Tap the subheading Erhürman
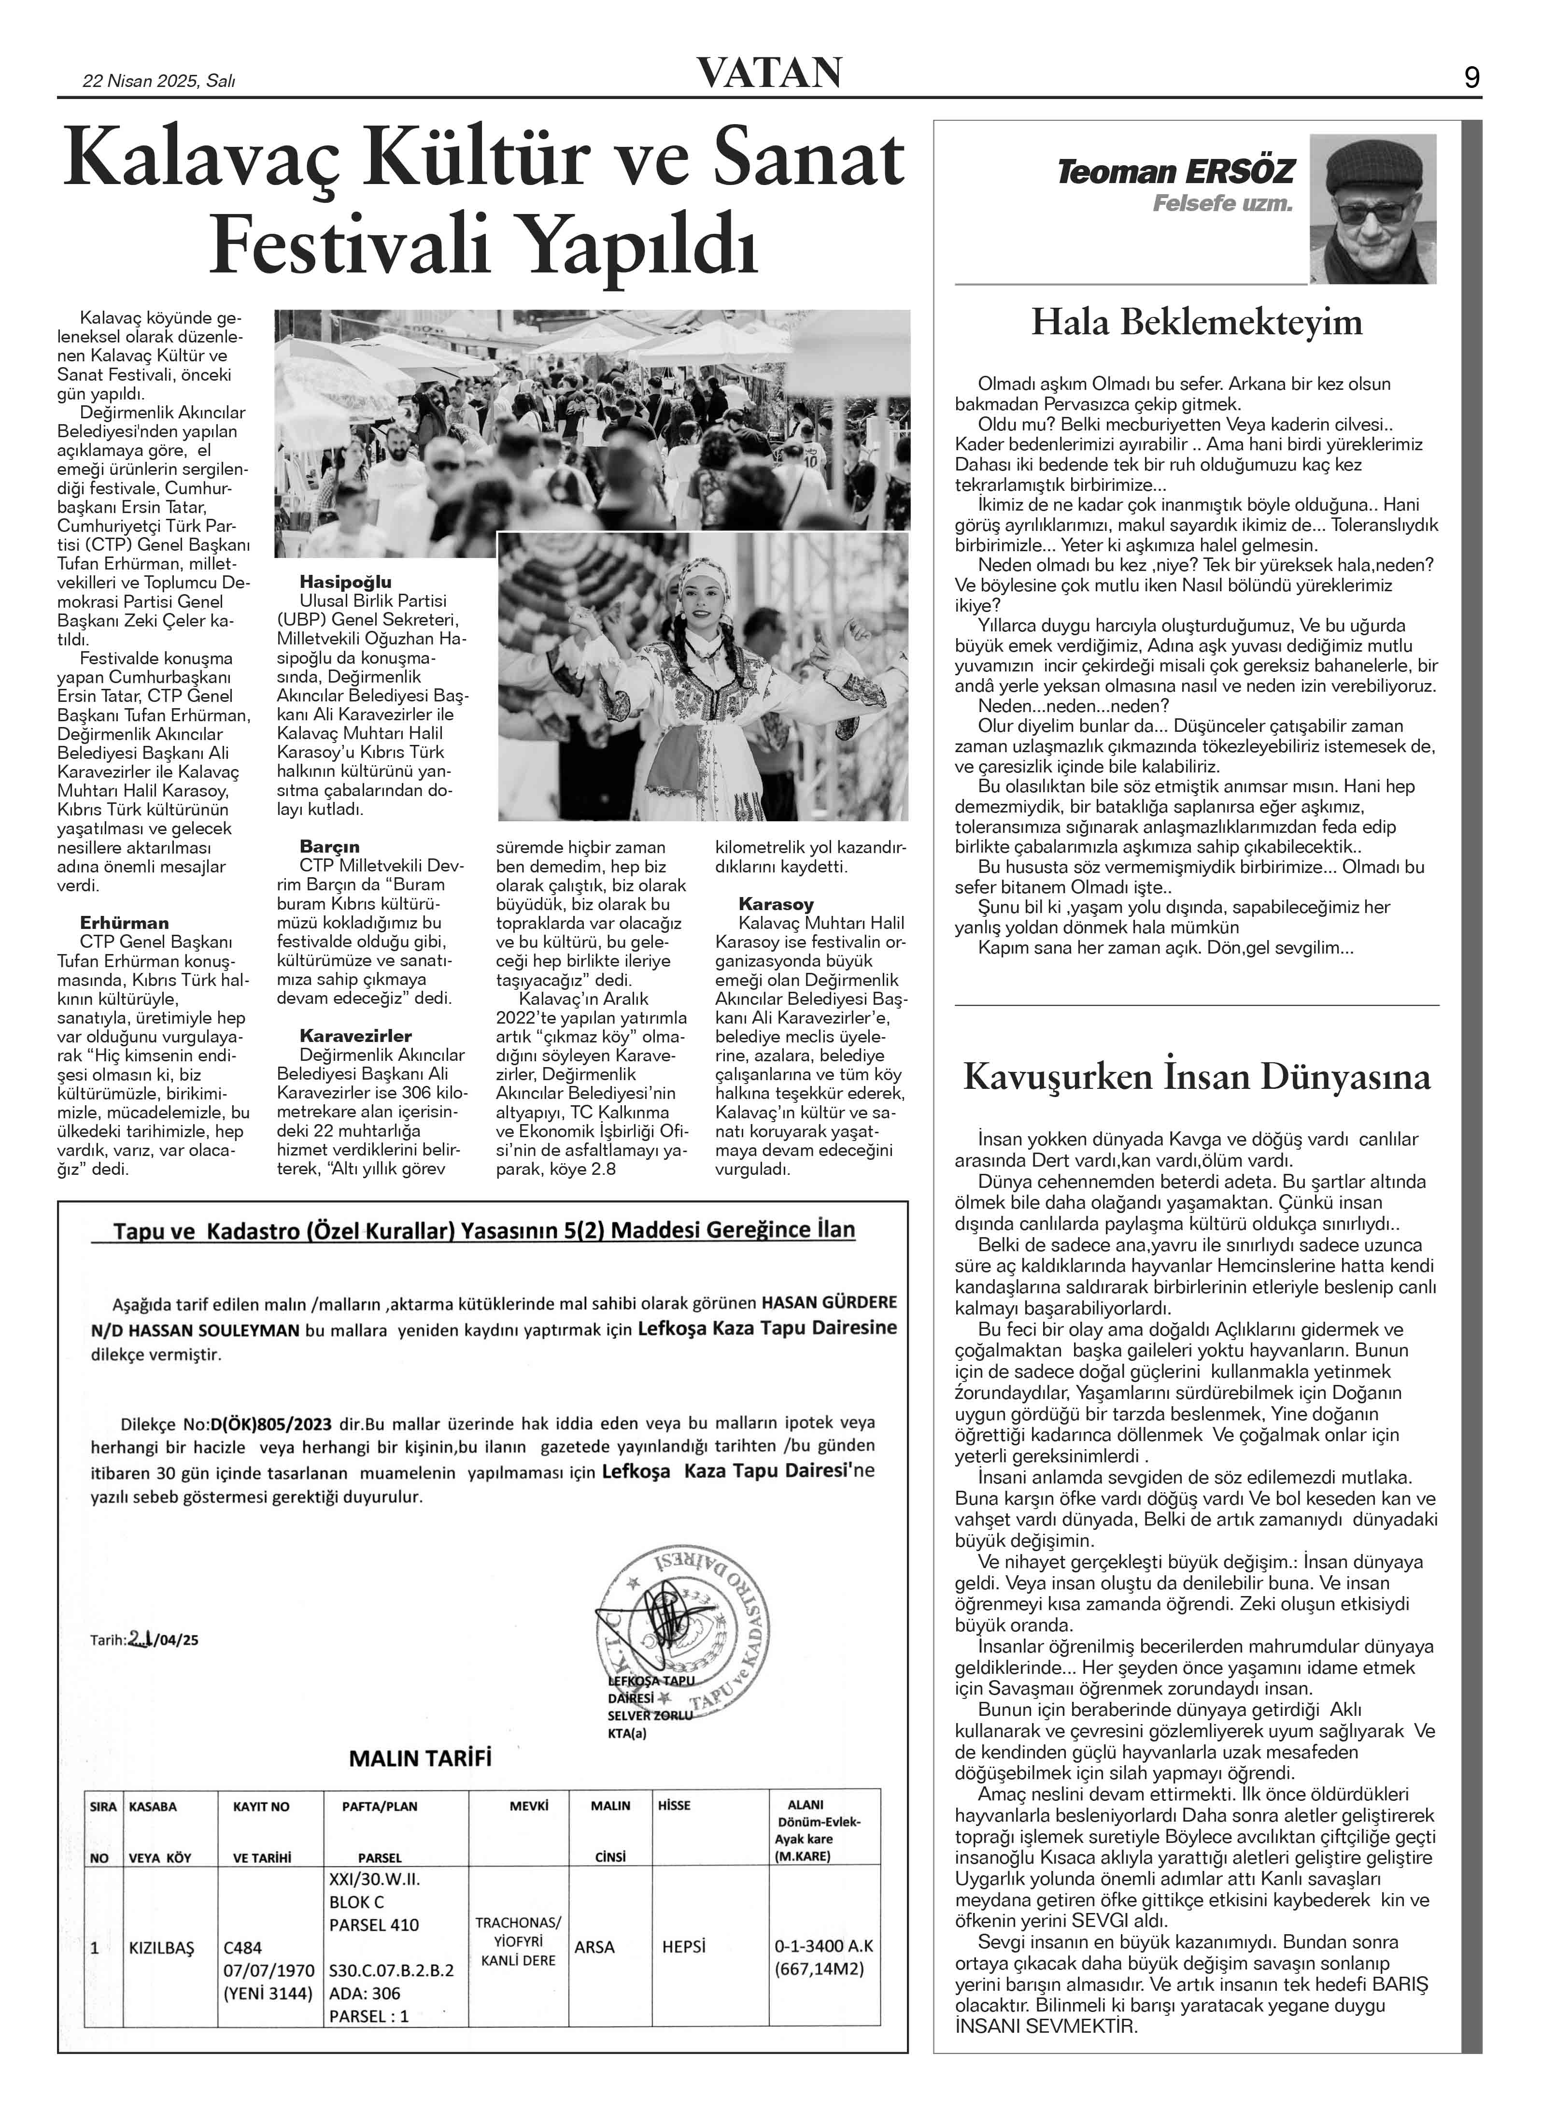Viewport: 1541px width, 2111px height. click(x=124, y=923)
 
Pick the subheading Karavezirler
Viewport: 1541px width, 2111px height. click(x=355, y=1035)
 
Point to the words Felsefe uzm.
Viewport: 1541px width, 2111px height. click(x=1222, y=203)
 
